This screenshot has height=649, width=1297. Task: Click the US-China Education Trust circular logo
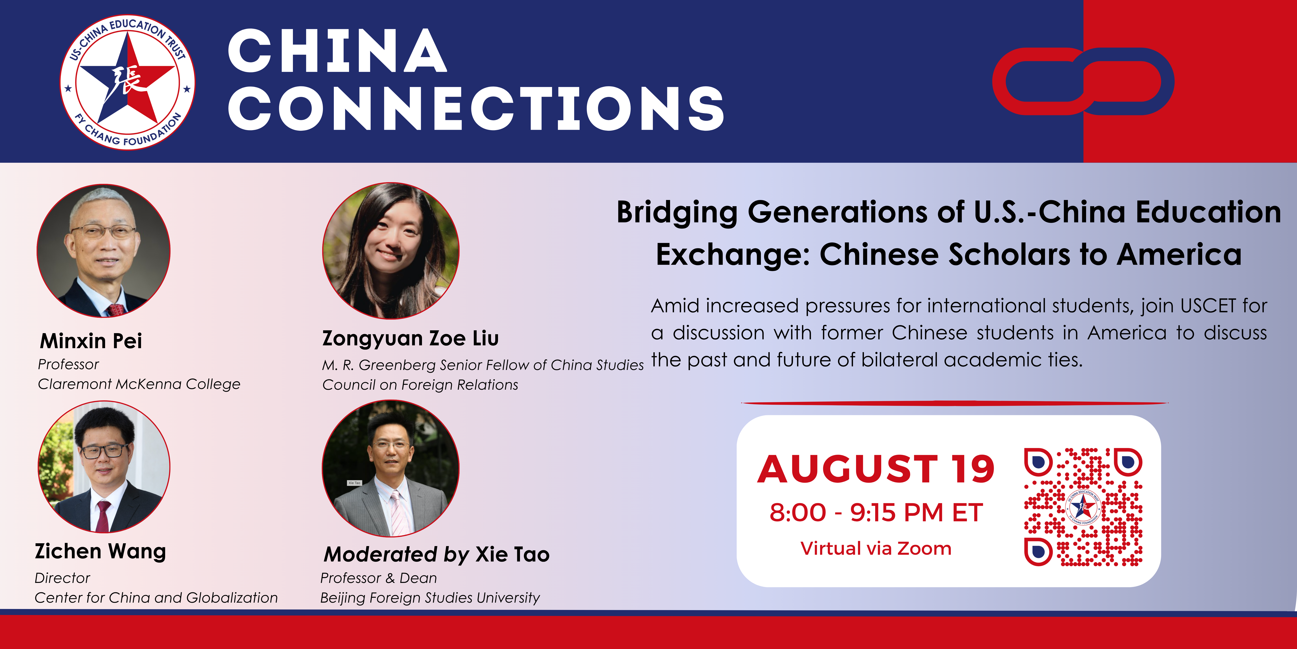pyautogui.click(x=127, y=82)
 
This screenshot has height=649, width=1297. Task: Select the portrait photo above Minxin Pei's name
pyautogui.click(x=104, y=251)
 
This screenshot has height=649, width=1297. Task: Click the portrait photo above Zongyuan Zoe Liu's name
pyautogui.click(x=391, y=251)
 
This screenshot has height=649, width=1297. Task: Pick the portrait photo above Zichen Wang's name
pyautogui.click(x=104, y=467)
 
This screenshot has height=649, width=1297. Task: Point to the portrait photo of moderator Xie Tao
pyautogui.click(x=391, y=468)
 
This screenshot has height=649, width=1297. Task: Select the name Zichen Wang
pyautogui.click(x=100, y=551)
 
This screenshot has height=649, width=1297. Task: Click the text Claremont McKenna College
pyautogui.click(x=139, y=384)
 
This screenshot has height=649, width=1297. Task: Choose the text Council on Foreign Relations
pyautogui.click(x=420, y=385)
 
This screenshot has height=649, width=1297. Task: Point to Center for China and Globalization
pyautogui.click(x=156, y=598)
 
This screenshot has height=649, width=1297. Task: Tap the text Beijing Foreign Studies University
pyautogui.click(x=430, y=598)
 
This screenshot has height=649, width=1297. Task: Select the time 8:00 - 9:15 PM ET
pyautogui.click(x=876, y=513)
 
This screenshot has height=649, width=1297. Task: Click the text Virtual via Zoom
pyautogui.click(x=876, y=548)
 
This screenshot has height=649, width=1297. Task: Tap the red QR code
pyautogui.click(x=1083, y=506)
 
